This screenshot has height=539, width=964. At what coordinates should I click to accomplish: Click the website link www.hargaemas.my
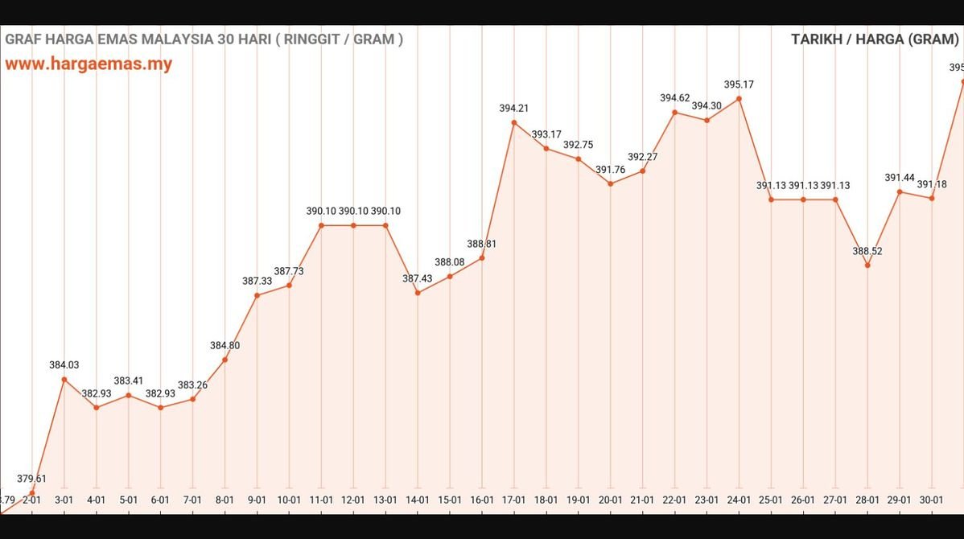point(89,64)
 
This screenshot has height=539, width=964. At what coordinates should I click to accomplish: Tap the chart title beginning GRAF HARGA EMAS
point(204,39)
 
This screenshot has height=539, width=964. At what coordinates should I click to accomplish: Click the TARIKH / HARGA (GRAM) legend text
point(875,39)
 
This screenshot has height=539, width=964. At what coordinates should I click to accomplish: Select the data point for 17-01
point(514,123)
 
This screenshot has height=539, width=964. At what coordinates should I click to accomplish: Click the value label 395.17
point(739,84)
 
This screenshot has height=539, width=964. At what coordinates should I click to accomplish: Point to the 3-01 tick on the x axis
point(64,500)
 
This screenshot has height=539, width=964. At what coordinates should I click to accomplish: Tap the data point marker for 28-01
point(867,265)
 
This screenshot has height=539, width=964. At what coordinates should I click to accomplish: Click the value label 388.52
point(867,251)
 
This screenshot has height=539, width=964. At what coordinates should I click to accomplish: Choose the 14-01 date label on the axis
point(418,500)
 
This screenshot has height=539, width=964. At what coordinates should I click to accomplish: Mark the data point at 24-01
point(739,99)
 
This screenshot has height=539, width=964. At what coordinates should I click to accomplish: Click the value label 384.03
point(64,365)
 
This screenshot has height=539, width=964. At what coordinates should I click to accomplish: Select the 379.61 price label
point(32,479)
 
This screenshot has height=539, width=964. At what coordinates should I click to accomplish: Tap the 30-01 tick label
point(932,500)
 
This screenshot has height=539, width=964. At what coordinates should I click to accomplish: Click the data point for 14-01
point(418,293)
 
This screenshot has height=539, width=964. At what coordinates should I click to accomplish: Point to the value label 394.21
point(514,109)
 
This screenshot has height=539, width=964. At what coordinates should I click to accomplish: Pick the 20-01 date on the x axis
point(611,500)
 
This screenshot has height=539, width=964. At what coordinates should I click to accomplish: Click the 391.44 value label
point(900,177)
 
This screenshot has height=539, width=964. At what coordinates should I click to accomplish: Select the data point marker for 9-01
point(257,295)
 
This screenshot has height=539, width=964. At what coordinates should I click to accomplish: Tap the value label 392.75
point(579,145)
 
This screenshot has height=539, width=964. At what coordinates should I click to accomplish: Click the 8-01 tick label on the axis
point(225,500)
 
